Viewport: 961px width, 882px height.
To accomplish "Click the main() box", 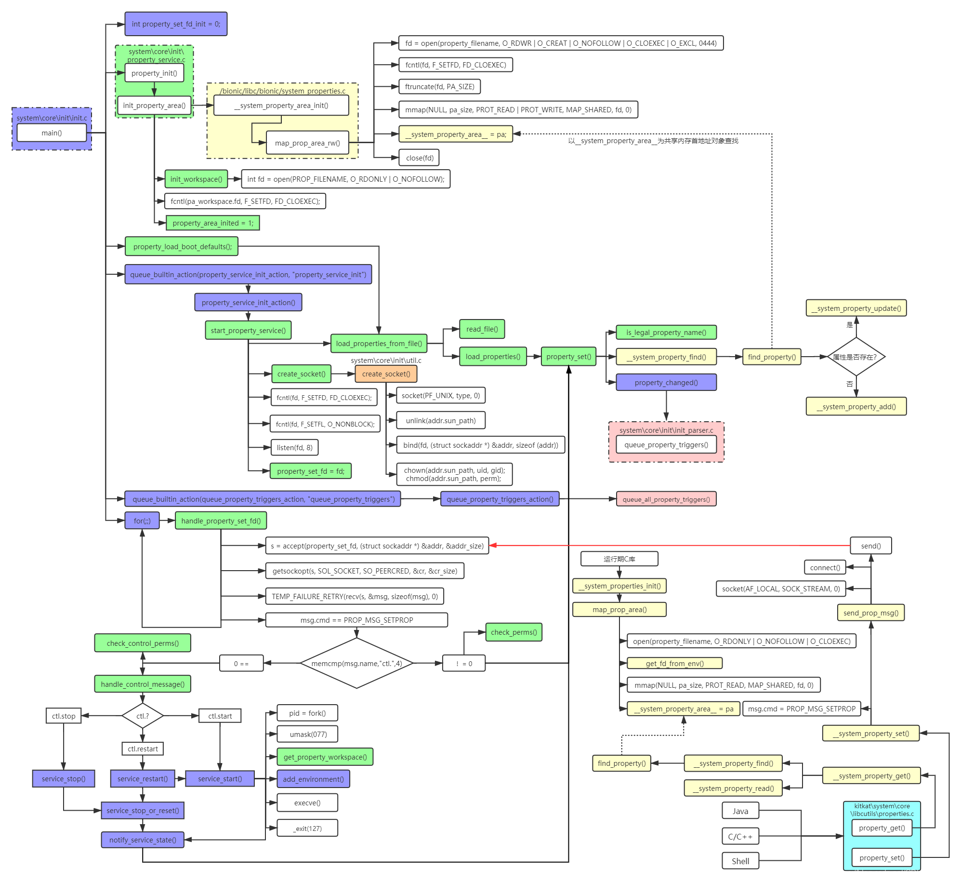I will coord(52,133).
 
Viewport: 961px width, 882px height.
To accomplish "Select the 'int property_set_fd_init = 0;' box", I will coord(176,24).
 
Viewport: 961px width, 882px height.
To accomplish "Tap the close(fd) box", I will coord(420,158).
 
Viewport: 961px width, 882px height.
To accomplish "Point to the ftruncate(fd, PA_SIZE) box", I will coord(439,87).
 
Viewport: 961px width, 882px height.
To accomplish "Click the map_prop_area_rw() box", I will coord(307,143).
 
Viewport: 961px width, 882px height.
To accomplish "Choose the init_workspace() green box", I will coord(196,179).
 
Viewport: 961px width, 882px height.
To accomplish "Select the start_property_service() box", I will coord(248,330).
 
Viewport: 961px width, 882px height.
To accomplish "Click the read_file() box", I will coord(482,329).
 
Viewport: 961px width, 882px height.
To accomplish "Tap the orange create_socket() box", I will coord(386,374).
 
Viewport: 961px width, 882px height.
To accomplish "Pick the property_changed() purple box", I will coord(666,383).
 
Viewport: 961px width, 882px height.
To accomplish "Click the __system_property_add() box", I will coord(856,407).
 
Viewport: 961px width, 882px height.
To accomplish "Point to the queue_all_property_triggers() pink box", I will coord(666,499).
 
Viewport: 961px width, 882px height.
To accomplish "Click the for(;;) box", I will coord(142,521).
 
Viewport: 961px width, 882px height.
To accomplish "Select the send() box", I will coord(870,546).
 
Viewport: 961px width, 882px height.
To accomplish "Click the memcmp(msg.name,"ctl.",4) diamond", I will coord(356,664).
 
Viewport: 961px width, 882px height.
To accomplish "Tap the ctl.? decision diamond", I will coord(143,716).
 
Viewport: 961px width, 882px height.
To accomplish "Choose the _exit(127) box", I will coord(307,829).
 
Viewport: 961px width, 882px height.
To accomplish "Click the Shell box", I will coord(740,861).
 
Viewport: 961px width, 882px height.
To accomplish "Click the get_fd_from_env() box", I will coord(674,664).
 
